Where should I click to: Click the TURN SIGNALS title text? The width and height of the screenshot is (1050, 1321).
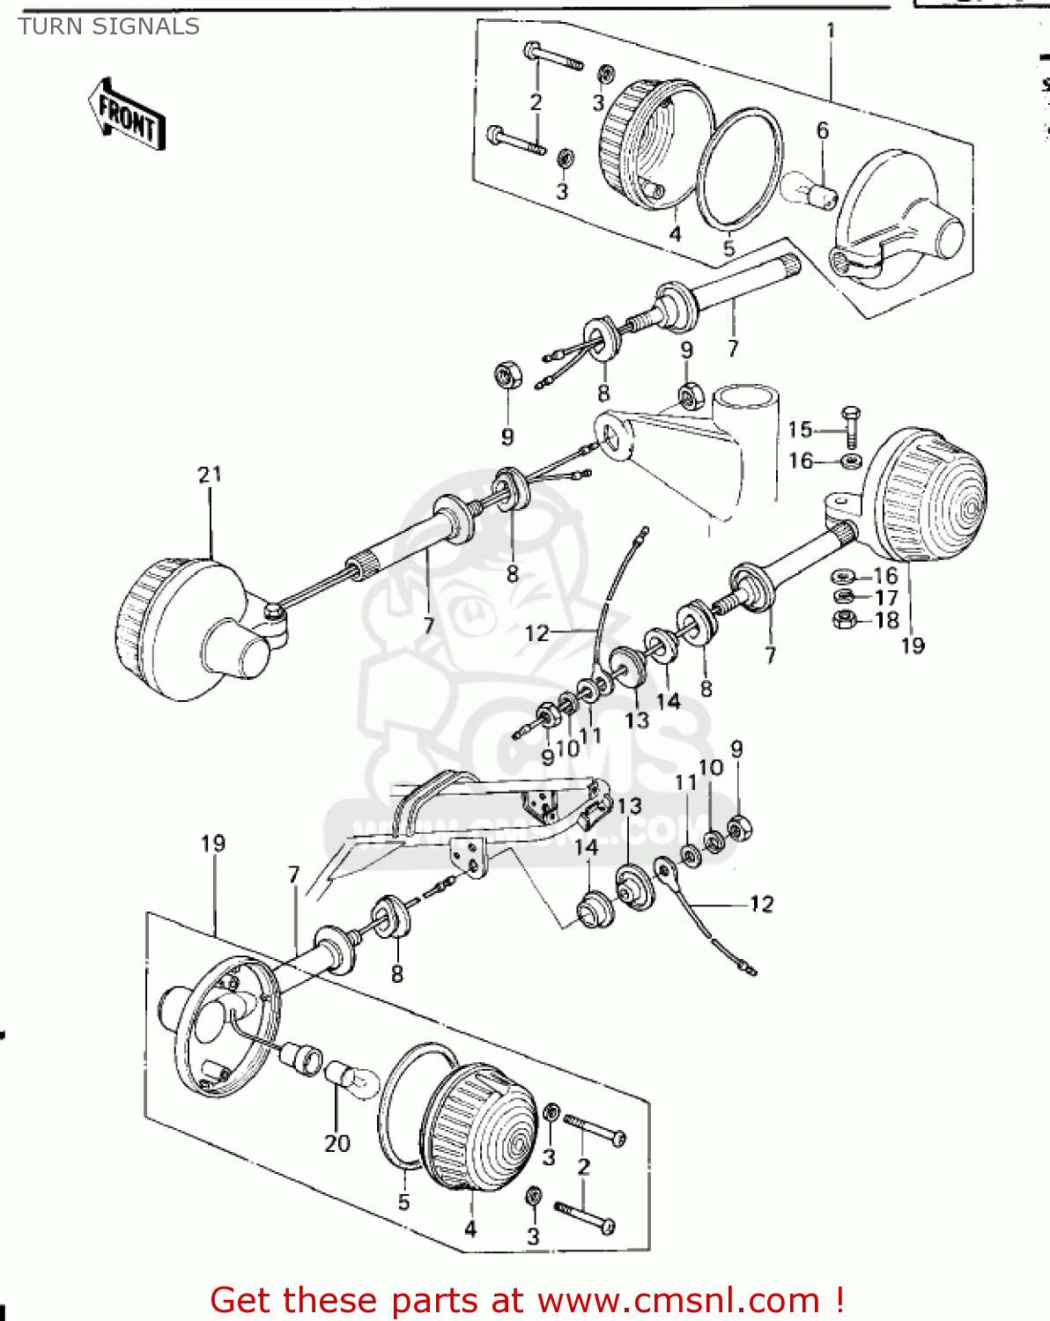point(108,27)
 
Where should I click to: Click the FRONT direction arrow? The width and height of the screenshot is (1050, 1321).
point(127,114)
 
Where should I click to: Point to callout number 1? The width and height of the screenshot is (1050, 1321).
point(830,31)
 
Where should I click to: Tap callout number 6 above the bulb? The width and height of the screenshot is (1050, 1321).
point(822,131)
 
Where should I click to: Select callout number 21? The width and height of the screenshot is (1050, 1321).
point(210,476)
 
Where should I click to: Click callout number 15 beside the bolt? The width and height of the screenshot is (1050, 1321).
point(800,430)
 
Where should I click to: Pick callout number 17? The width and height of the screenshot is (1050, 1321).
point(885,598)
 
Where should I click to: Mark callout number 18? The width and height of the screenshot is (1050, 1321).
point(886,620)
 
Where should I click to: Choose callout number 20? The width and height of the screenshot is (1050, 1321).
point(337,1143)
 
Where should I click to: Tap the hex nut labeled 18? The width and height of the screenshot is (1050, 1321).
point(843,620)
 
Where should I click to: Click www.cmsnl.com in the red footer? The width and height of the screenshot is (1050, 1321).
point(678,1300)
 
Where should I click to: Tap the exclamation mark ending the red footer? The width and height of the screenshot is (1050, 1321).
point(839,1300)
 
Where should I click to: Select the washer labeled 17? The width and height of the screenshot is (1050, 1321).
point(843,598)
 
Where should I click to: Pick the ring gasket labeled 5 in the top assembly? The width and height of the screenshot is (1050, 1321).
point(740,167)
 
